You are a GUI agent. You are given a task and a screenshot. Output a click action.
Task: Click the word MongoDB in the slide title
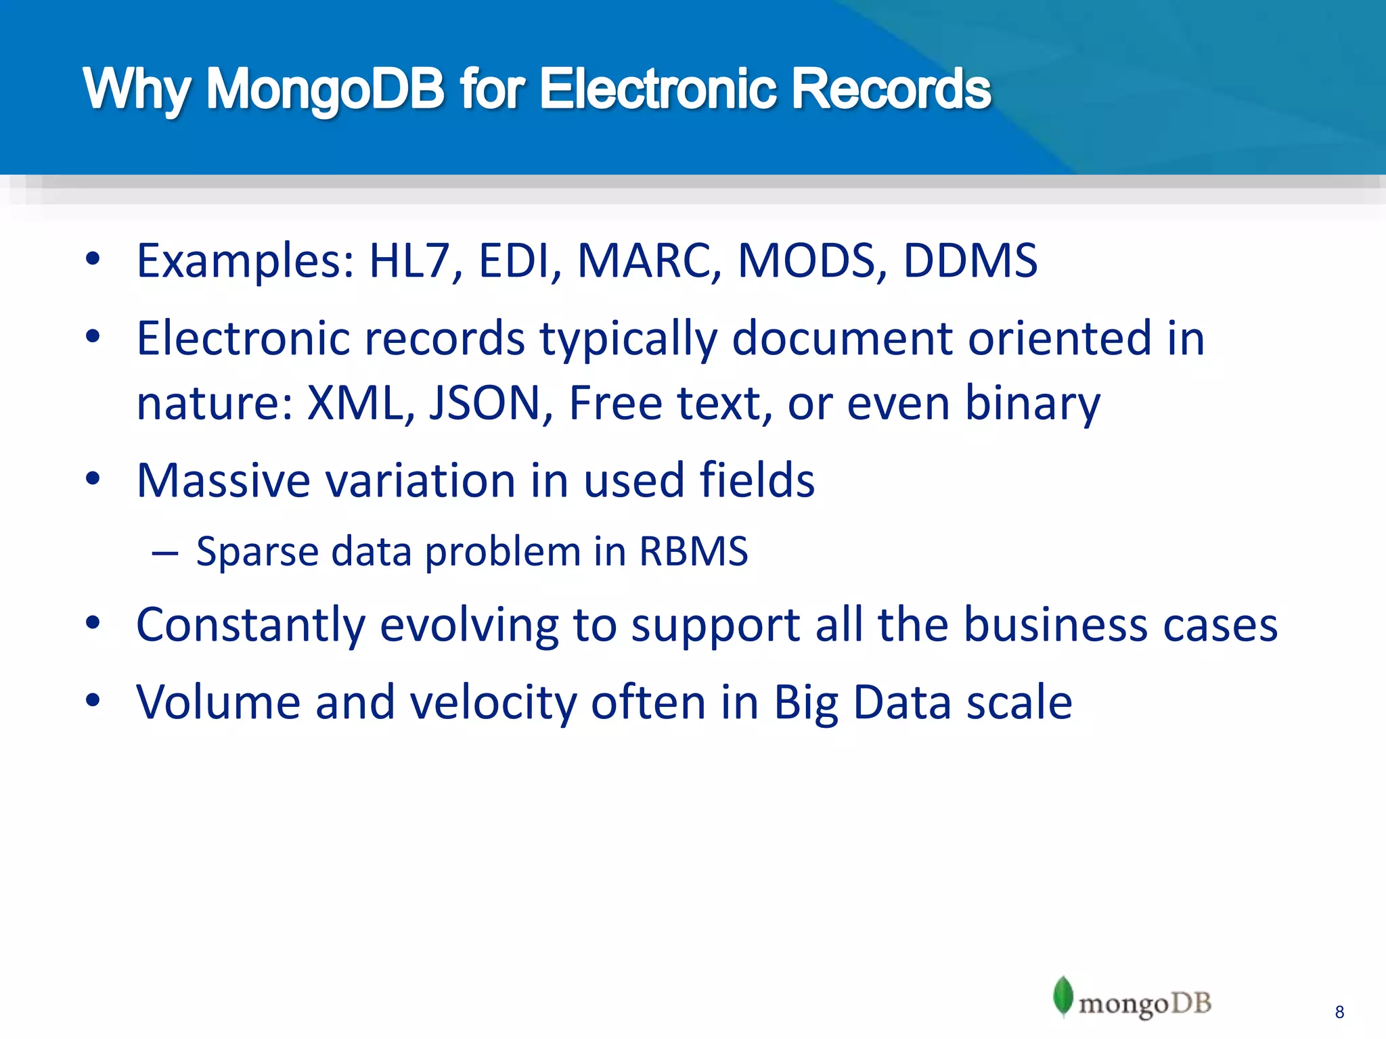tap(325, 89)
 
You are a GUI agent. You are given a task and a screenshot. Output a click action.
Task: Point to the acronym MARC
tap(649, 260)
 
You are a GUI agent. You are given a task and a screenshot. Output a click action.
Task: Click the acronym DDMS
tap(970, 260)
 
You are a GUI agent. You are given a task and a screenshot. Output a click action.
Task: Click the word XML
tap(356, 403)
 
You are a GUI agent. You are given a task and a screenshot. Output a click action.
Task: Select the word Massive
tap(223, 480)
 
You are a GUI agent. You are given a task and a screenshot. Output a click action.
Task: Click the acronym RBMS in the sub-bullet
tap(694, 551)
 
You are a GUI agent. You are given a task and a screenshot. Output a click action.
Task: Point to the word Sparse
tap(256, 551)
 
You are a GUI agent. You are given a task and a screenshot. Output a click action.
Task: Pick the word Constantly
tap(250, 624)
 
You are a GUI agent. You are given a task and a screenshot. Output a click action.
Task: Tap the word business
tap(1055, 624)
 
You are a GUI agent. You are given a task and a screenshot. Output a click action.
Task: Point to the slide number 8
tap(1339, 1013)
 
